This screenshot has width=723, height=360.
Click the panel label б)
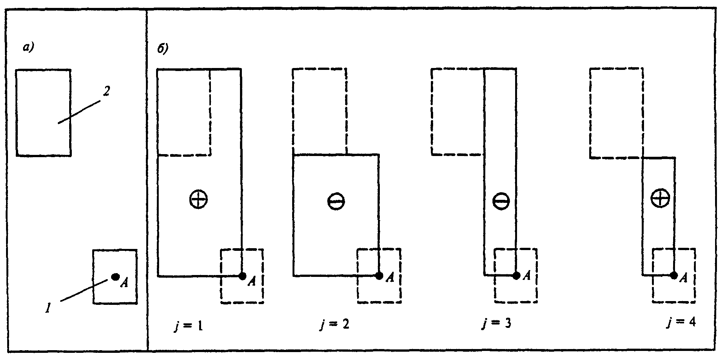click(162, 49)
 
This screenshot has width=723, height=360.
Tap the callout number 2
click(106, 91)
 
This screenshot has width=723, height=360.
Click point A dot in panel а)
click(116, 277)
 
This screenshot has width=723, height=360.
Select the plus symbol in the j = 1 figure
click(198, 199)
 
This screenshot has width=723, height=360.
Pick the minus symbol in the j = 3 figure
click(501, 201)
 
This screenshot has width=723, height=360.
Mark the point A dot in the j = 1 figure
click(243, 276)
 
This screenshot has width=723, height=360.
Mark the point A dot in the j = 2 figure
click(379, 276)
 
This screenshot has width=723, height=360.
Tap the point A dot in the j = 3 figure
click(516, 276)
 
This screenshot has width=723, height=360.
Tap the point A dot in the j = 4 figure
click(673, 275)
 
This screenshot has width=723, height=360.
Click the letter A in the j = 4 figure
click(683, 278)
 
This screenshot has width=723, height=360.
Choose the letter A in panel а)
click(124, 283)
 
